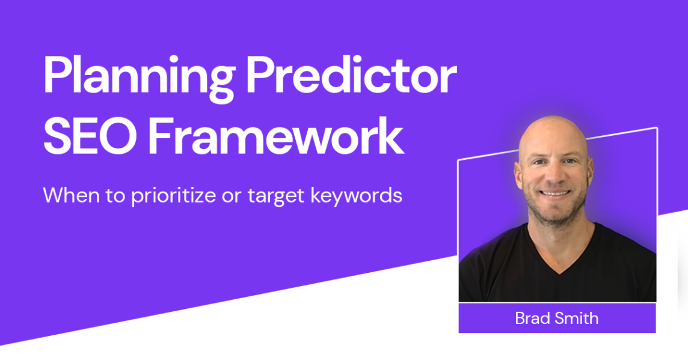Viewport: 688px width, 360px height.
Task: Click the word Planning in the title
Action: tap(139, 79)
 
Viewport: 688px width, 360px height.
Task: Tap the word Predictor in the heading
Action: tap(351, 74)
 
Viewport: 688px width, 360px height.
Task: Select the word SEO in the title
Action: tap(90, 135)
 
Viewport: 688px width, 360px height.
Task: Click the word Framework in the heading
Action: tap(275, 135)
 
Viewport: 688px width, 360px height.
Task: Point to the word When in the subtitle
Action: tap(71, 195)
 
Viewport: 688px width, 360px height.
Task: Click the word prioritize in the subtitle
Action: tap(173, 196)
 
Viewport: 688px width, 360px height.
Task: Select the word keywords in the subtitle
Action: tap(356, 195)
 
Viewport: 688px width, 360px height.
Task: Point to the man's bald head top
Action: tap(554, 127)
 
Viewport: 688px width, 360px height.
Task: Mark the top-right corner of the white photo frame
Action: tap(657, 127)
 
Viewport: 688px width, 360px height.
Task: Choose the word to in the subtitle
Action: tap(115, 196)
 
